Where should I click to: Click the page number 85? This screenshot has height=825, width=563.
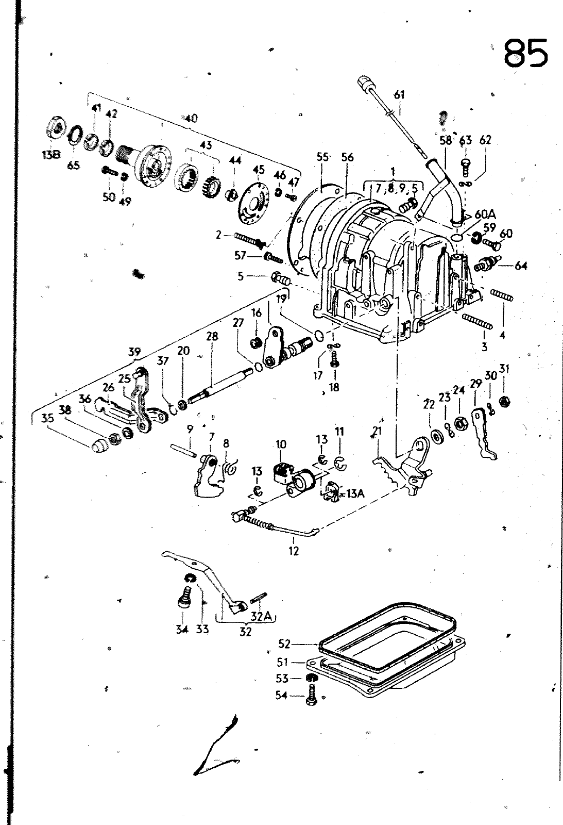525,54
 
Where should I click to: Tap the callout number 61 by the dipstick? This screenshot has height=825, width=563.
399,95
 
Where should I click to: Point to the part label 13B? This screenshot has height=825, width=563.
51,154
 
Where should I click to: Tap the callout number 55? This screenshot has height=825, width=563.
323,157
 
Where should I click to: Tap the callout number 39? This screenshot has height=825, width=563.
134,352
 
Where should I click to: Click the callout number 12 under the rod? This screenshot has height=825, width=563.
294,551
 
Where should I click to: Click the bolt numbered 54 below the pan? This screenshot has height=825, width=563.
311,695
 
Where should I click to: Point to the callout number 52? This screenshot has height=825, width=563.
284,644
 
